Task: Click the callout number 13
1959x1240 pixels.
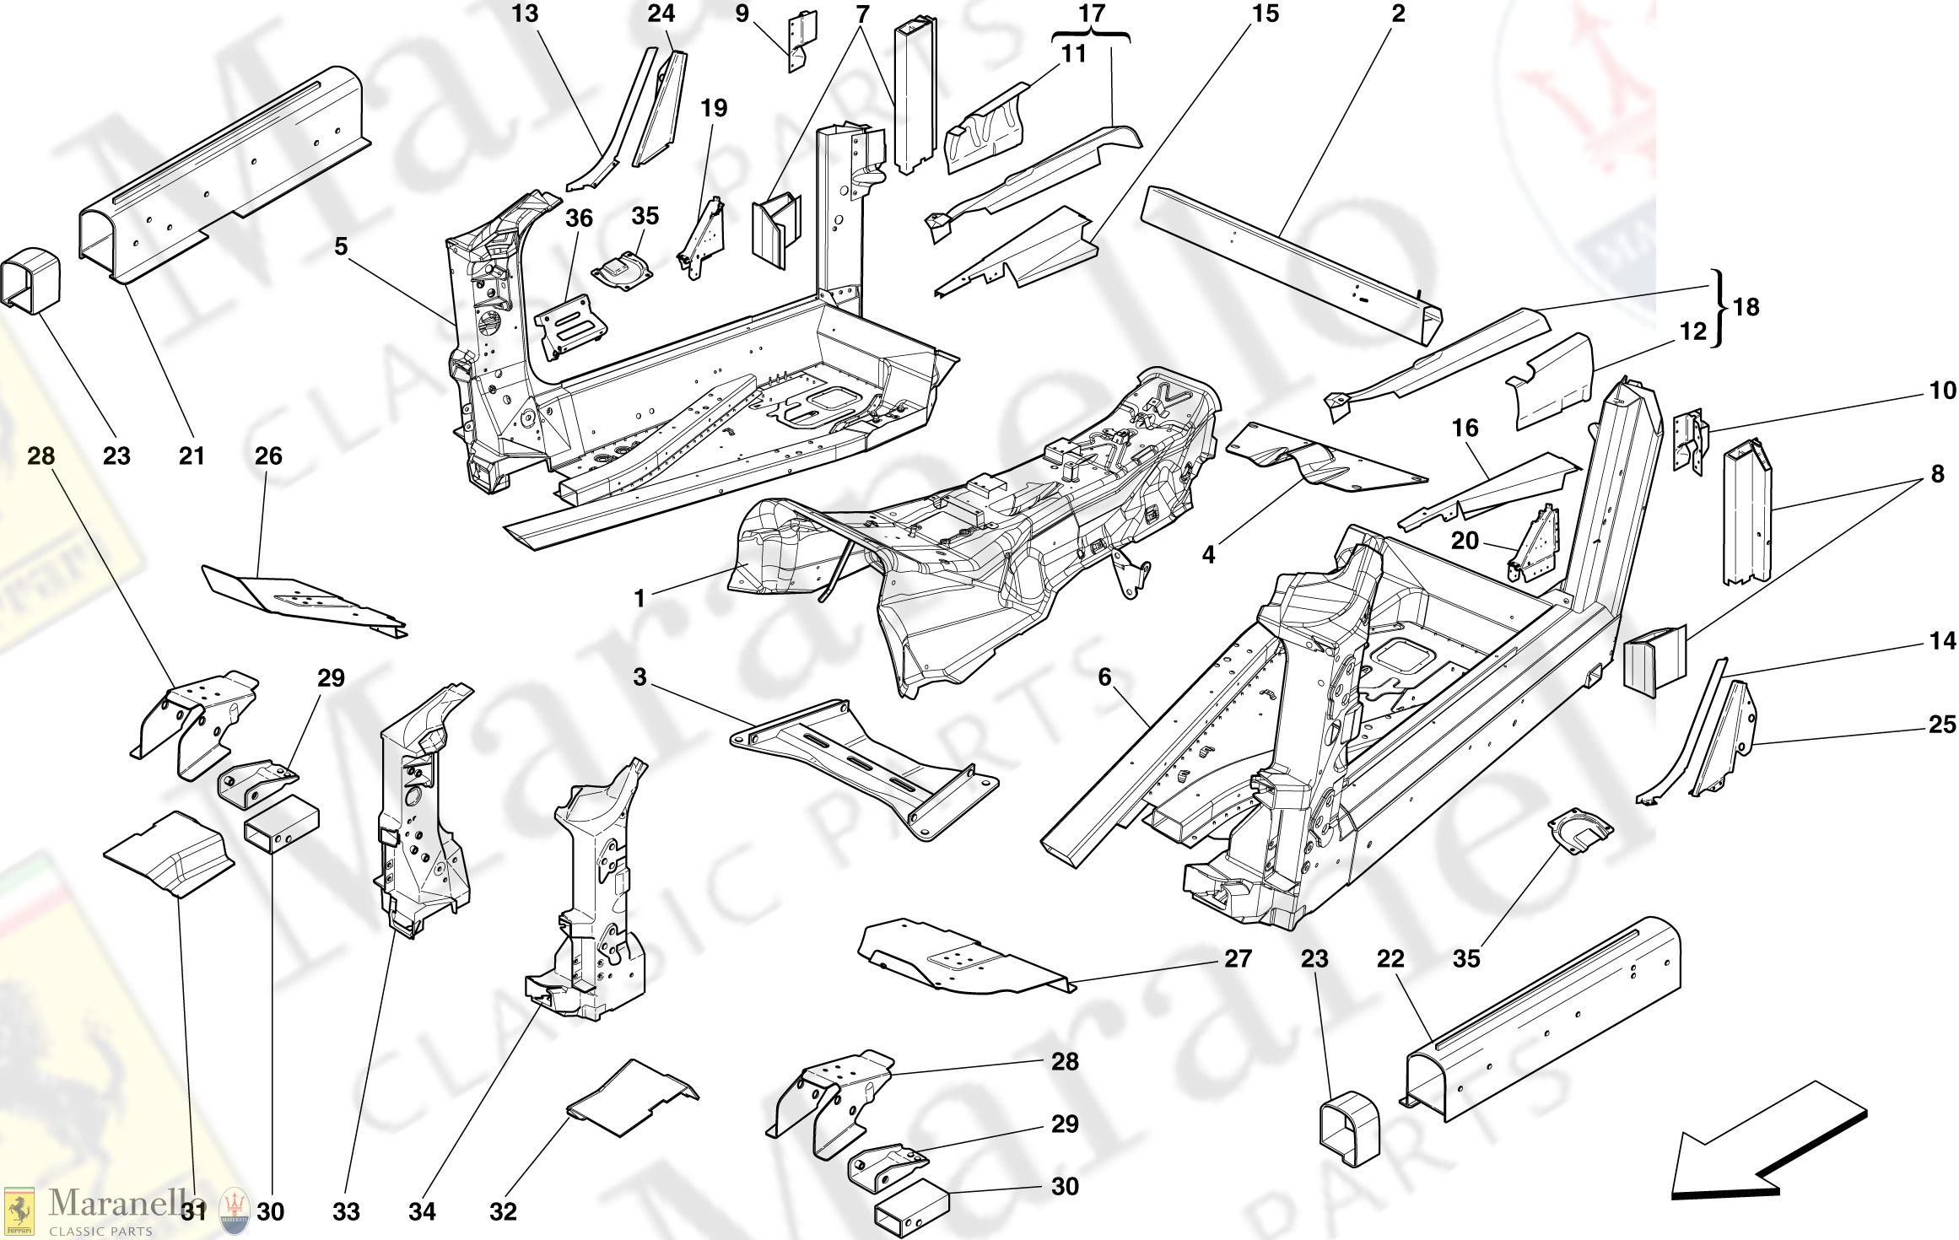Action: pyautogui.click(x=525, y=14)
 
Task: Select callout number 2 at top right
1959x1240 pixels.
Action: pyautogui.click(x=1398, y=14)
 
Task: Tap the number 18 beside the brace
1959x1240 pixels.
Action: pyautogui.click(x=1746, y=307)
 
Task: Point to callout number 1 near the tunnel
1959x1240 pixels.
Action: pyautogui.click(x=640, y=598)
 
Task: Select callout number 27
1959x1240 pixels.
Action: pyautogui.click(x=1238, y=959)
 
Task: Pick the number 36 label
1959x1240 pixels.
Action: pyautogui.click(x=579, y=218)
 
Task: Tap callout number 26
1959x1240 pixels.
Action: pyautogui.click(x=268, y=456)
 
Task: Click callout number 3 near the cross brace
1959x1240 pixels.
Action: pyautogui.click(x=640, y=677)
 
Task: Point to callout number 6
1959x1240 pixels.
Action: pyautogui.click(x=1104, y=677)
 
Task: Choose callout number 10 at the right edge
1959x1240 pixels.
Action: pyautogui.click(x=1942, y=391)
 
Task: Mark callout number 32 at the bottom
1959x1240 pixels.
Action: pyautogui.click(x=503, y=1212)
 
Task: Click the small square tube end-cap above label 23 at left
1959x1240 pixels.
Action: pyautogui.click(x=30, y=280)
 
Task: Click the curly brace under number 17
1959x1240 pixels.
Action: pyautogui.click(x=1091, y=35)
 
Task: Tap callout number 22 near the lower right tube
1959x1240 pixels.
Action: pyautogui.click(x=1390, y=959)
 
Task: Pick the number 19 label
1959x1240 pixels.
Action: pyautogui.click(x=714, y=108)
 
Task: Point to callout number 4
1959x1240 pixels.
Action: pyautogui.click(x=1208, y=554)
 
